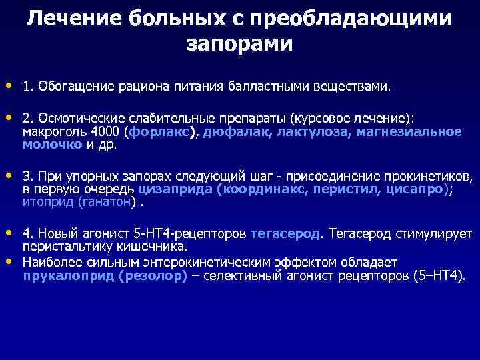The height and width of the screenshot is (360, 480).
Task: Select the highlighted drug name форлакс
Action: (162, 131)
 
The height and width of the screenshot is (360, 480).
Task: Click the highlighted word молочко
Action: (52, 143)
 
